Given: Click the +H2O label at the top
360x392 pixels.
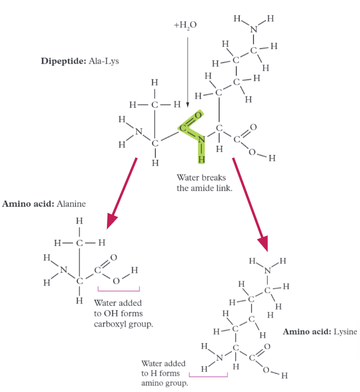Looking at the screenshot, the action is (185, 25).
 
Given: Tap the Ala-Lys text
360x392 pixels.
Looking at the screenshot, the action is (103, 61).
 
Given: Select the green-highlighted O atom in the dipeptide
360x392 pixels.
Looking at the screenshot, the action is (198, 115).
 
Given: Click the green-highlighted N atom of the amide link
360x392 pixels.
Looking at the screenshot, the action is (201, 139).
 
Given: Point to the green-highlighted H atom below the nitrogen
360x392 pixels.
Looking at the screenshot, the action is (201, 159).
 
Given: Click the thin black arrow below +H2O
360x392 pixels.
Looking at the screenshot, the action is (188, 72).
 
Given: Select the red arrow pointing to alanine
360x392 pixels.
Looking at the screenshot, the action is (122, 193).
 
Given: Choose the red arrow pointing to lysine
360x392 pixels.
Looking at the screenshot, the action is (250, 205).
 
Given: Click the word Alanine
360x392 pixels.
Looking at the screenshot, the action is (71, 204).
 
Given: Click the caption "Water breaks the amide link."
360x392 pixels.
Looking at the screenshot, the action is (204, 183).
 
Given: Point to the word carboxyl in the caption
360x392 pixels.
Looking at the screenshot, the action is (111, 324).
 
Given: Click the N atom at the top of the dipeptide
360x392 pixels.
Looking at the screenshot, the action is (254, 29).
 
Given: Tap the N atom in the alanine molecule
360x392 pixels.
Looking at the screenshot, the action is (64, 270).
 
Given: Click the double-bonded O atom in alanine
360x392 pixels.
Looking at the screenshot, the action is (114, 258).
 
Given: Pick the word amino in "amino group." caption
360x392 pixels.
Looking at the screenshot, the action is (151, 383).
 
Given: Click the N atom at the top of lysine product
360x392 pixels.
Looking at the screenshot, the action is (268, 270).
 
